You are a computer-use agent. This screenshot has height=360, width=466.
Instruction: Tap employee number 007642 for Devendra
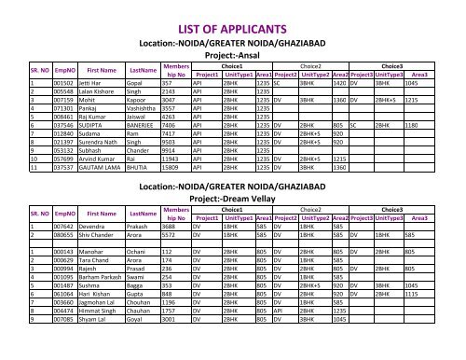pyautogui.click(x=39, y=225)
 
